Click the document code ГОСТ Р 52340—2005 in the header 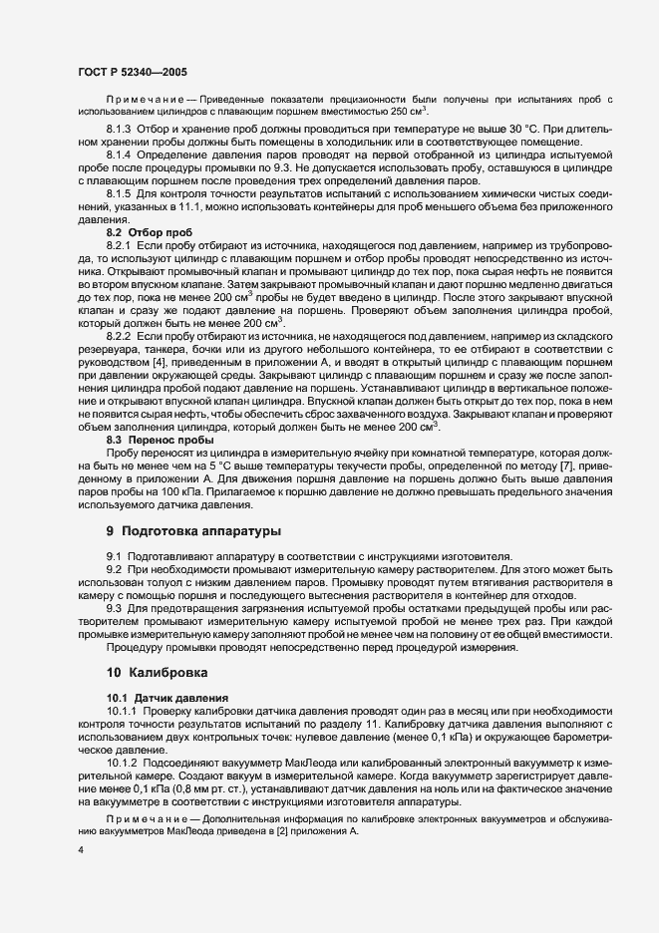point(132,73)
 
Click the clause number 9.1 point(114,554)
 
